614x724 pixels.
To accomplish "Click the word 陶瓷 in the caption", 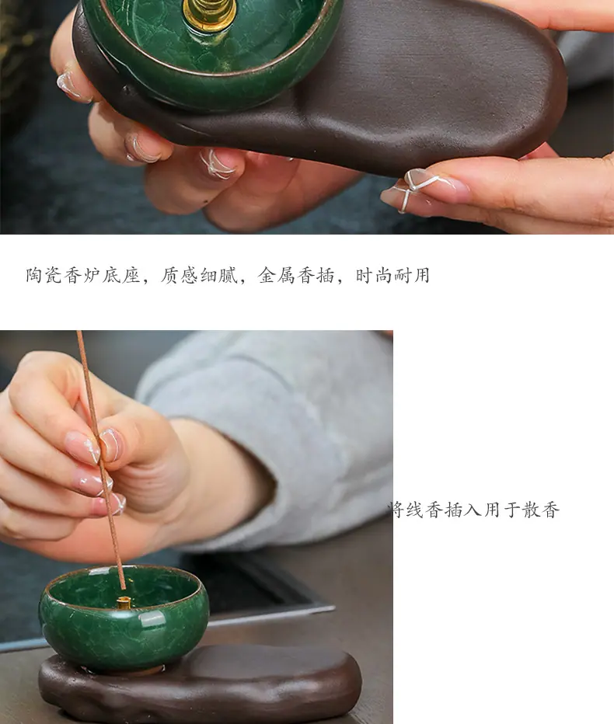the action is pos(44,275).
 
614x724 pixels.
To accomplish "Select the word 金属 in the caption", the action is pos(276,275).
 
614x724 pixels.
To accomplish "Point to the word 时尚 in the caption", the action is pos(373,275).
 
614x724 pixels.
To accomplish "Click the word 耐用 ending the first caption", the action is pos(412,275).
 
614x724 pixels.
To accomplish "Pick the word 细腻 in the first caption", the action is pos(218,275).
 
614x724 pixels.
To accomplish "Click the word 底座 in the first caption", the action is pos(121,275).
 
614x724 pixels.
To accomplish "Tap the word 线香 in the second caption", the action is pos(425,510).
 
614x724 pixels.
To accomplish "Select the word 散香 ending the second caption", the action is pos(541,510).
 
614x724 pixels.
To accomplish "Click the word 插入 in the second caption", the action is pos(463,510).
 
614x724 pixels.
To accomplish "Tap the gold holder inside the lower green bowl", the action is pos(124,602).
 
